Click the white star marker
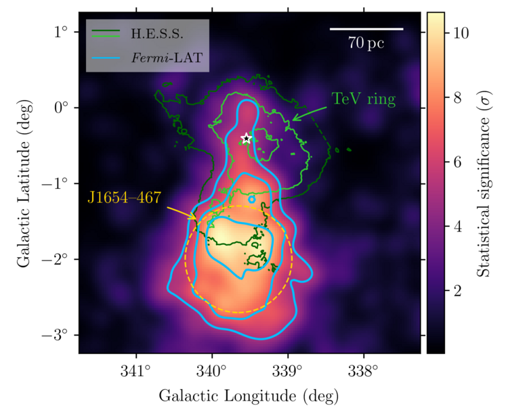pos(247,139)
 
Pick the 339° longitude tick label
pos(288,370)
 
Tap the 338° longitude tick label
pos(364,370)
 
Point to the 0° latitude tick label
pos(63,108)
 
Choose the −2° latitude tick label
pos(59,260)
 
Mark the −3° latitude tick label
pos(59,336)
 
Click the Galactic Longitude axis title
pos(249,394)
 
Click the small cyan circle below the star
pos(252,199)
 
